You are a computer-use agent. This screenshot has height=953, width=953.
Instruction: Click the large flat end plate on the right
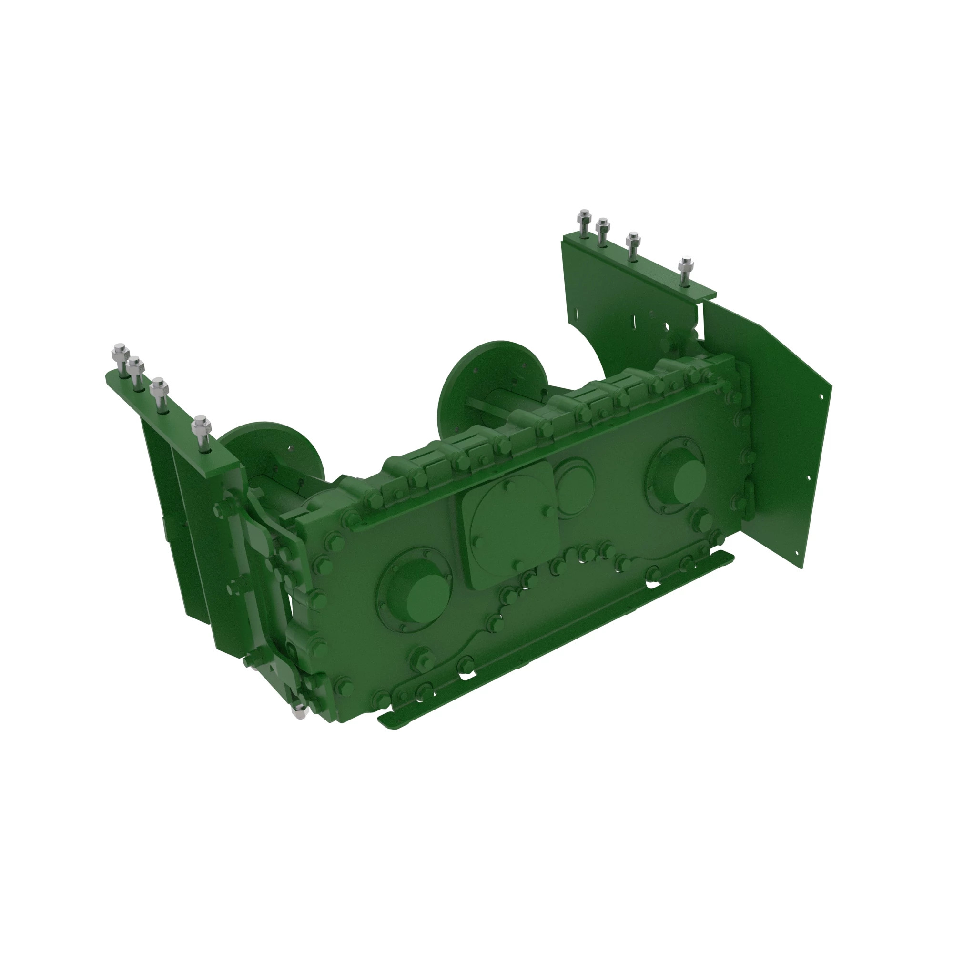(770, 434)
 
